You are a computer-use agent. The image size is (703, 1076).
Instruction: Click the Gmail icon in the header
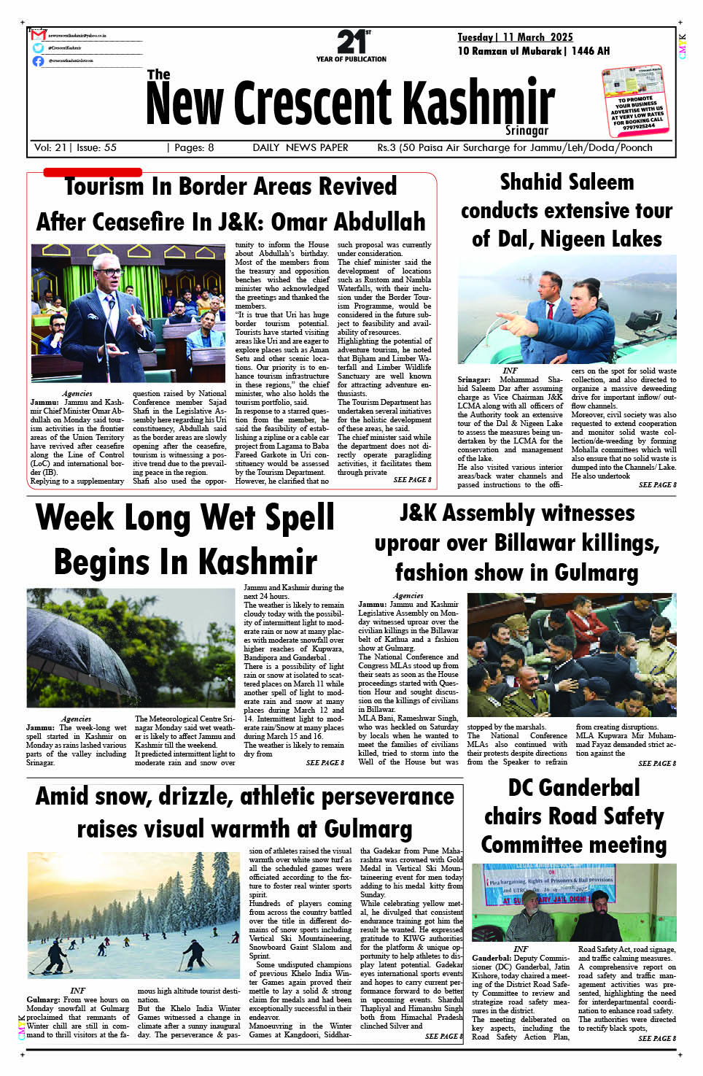pyautogui.click(x=39, y=35)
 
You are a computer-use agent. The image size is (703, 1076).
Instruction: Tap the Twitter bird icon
pyautogui.click(x=38, y=48)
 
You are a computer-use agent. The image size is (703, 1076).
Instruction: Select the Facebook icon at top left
pyautogui.click(x=38, y=61)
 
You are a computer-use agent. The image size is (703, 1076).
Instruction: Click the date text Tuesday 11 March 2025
pyautogui.click(x=515, y=37)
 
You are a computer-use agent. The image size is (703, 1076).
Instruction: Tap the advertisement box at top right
pyautogui.click(x=634, y=101)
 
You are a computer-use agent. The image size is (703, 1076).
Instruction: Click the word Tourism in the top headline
pyautogui.click(x=104, y=187)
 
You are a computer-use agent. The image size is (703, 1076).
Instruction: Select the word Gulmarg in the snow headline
pyautogui.click(x=368, y=829)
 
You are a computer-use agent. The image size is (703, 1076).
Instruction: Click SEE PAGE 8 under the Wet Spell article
pyautogui.click(x=325, y=763)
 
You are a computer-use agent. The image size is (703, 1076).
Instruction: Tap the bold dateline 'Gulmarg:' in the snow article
pyautogui.click(x=43, y=1000)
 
